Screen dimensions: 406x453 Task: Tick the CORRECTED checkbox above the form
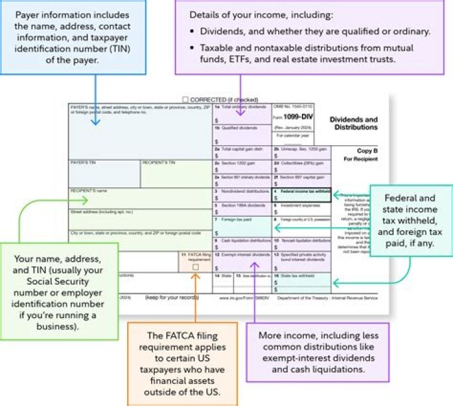pyautogui.click(x=184, y=99)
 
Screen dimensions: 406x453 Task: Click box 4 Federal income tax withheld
pyautogui.click(x=300, y=195)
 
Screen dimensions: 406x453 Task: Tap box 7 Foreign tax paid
pyautogui.click(x=242, y=224)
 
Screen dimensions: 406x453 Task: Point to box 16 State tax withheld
pyautogui.click(x=300, y=281)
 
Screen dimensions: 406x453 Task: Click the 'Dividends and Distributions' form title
pyautogui.click(x=354, y=123)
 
